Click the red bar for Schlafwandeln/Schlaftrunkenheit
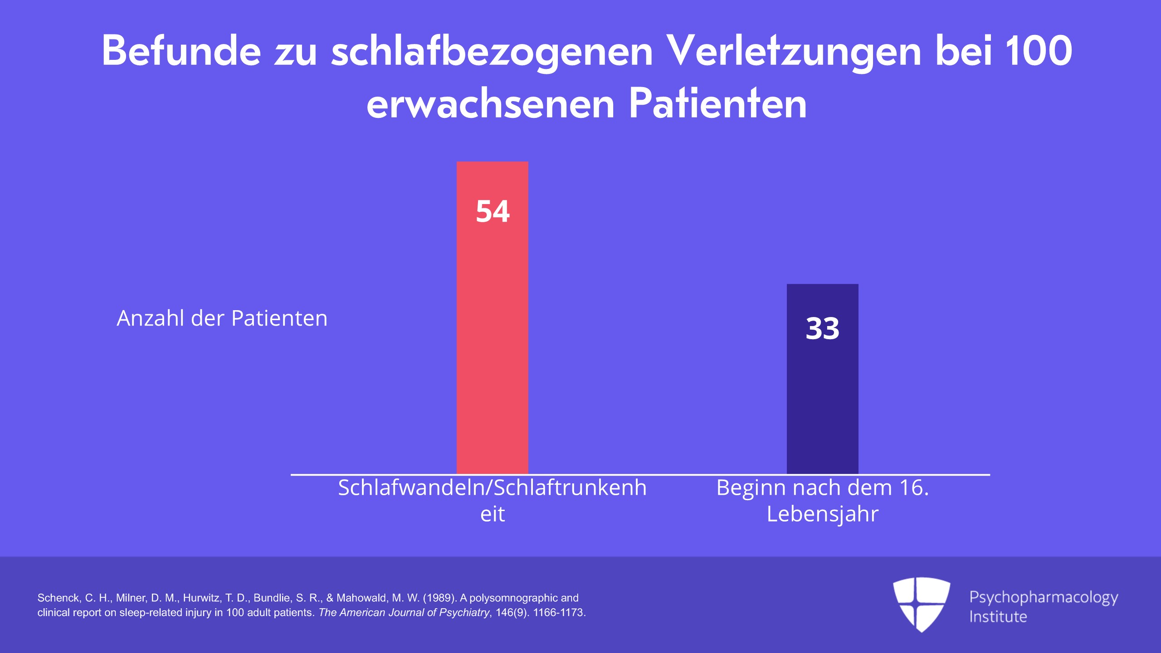pyautogui.click(x=492, y=318)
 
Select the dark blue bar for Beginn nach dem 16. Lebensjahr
pyautogui.click(x=822, y=379)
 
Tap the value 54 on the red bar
pyautogui.click(x=493, y=211)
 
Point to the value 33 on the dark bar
pyautogui.click(x=822, y=328)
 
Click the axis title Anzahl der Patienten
pyautogui.click(x=222, y=318)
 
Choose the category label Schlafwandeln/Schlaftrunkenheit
pyautogui.click(x=493, y=501)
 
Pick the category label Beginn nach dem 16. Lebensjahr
pyautogui.click(x=823, y=501)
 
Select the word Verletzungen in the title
pyautogui.click(x=793, y=53)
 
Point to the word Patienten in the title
pyautogui.click(x=718, y=104)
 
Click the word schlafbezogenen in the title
pyautogui.click(x=492, y=53)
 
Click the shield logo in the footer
pyautogui.click(x=922, y=604)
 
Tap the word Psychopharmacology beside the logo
pyautogui.click(x=1044, y=598)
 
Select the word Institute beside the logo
pyautogui.click(x=998, y=617)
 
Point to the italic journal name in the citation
pyautogui.click(x=404, y=613)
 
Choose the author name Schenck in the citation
pyautogui.click(x=59, y=598)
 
